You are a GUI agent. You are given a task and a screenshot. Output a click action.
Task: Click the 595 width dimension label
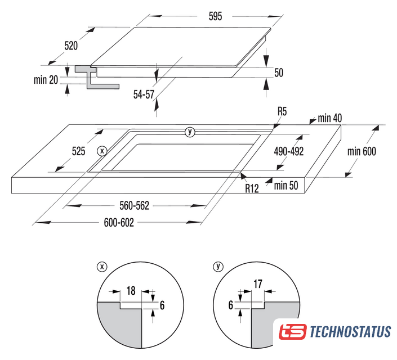click(215, 16)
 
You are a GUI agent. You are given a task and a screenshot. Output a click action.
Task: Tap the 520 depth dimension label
click(71, 46)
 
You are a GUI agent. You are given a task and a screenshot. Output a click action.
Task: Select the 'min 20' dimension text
click(46, 80)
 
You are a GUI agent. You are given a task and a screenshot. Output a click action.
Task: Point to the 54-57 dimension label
click(144, 94)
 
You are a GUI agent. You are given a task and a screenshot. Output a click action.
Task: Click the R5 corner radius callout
click(282, 111)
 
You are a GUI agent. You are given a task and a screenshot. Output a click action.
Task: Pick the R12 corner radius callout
click(252, 188)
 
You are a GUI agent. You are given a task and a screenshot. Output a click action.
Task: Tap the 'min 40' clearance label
click(329, 118)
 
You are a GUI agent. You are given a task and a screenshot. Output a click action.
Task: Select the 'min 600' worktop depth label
click(362, 151)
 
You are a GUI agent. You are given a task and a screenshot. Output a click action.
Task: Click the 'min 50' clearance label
click(286, 186)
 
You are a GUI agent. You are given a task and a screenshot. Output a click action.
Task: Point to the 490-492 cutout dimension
click(289, 151)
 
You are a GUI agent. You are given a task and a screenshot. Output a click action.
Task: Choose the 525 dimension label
click(78, 151)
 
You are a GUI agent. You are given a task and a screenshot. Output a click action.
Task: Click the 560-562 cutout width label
click(134, 206)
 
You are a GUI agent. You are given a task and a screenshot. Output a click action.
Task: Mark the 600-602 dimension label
click(119, 223)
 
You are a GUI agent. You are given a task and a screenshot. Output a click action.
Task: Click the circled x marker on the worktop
click(102, 151)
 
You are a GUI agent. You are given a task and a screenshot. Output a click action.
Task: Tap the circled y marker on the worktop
click(190, 132)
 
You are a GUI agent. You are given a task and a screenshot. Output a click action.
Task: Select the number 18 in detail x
click(131, 291)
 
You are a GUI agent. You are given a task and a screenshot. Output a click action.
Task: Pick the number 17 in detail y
click(258, 284)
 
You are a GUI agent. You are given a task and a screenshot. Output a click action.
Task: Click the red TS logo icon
click(293, 332)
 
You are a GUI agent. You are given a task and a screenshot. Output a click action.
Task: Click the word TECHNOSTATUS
click(350, 332)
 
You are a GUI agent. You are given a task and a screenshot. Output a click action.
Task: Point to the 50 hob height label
click(279, 73)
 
